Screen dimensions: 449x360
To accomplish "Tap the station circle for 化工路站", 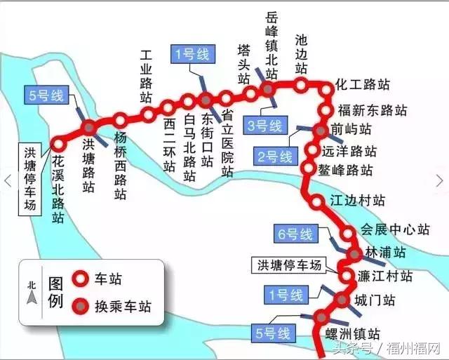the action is point(326,89).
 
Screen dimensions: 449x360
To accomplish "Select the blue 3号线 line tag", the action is point(264,126).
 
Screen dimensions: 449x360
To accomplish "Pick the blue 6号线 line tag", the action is point(296,234).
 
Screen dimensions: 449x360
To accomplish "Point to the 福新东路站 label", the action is point(372,110).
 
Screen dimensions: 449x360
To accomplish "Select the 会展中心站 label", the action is point(394,229).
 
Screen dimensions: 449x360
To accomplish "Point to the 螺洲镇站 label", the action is point(353,334).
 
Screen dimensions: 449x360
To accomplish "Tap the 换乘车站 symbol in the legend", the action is point(81,306).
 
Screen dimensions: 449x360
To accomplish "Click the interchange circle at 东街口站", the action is point(206,99).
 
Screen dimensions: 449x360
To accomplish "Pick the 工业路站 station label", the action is point(147,75).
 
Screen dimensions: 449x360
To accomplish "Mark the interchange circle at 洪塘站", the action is point(90,127).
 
